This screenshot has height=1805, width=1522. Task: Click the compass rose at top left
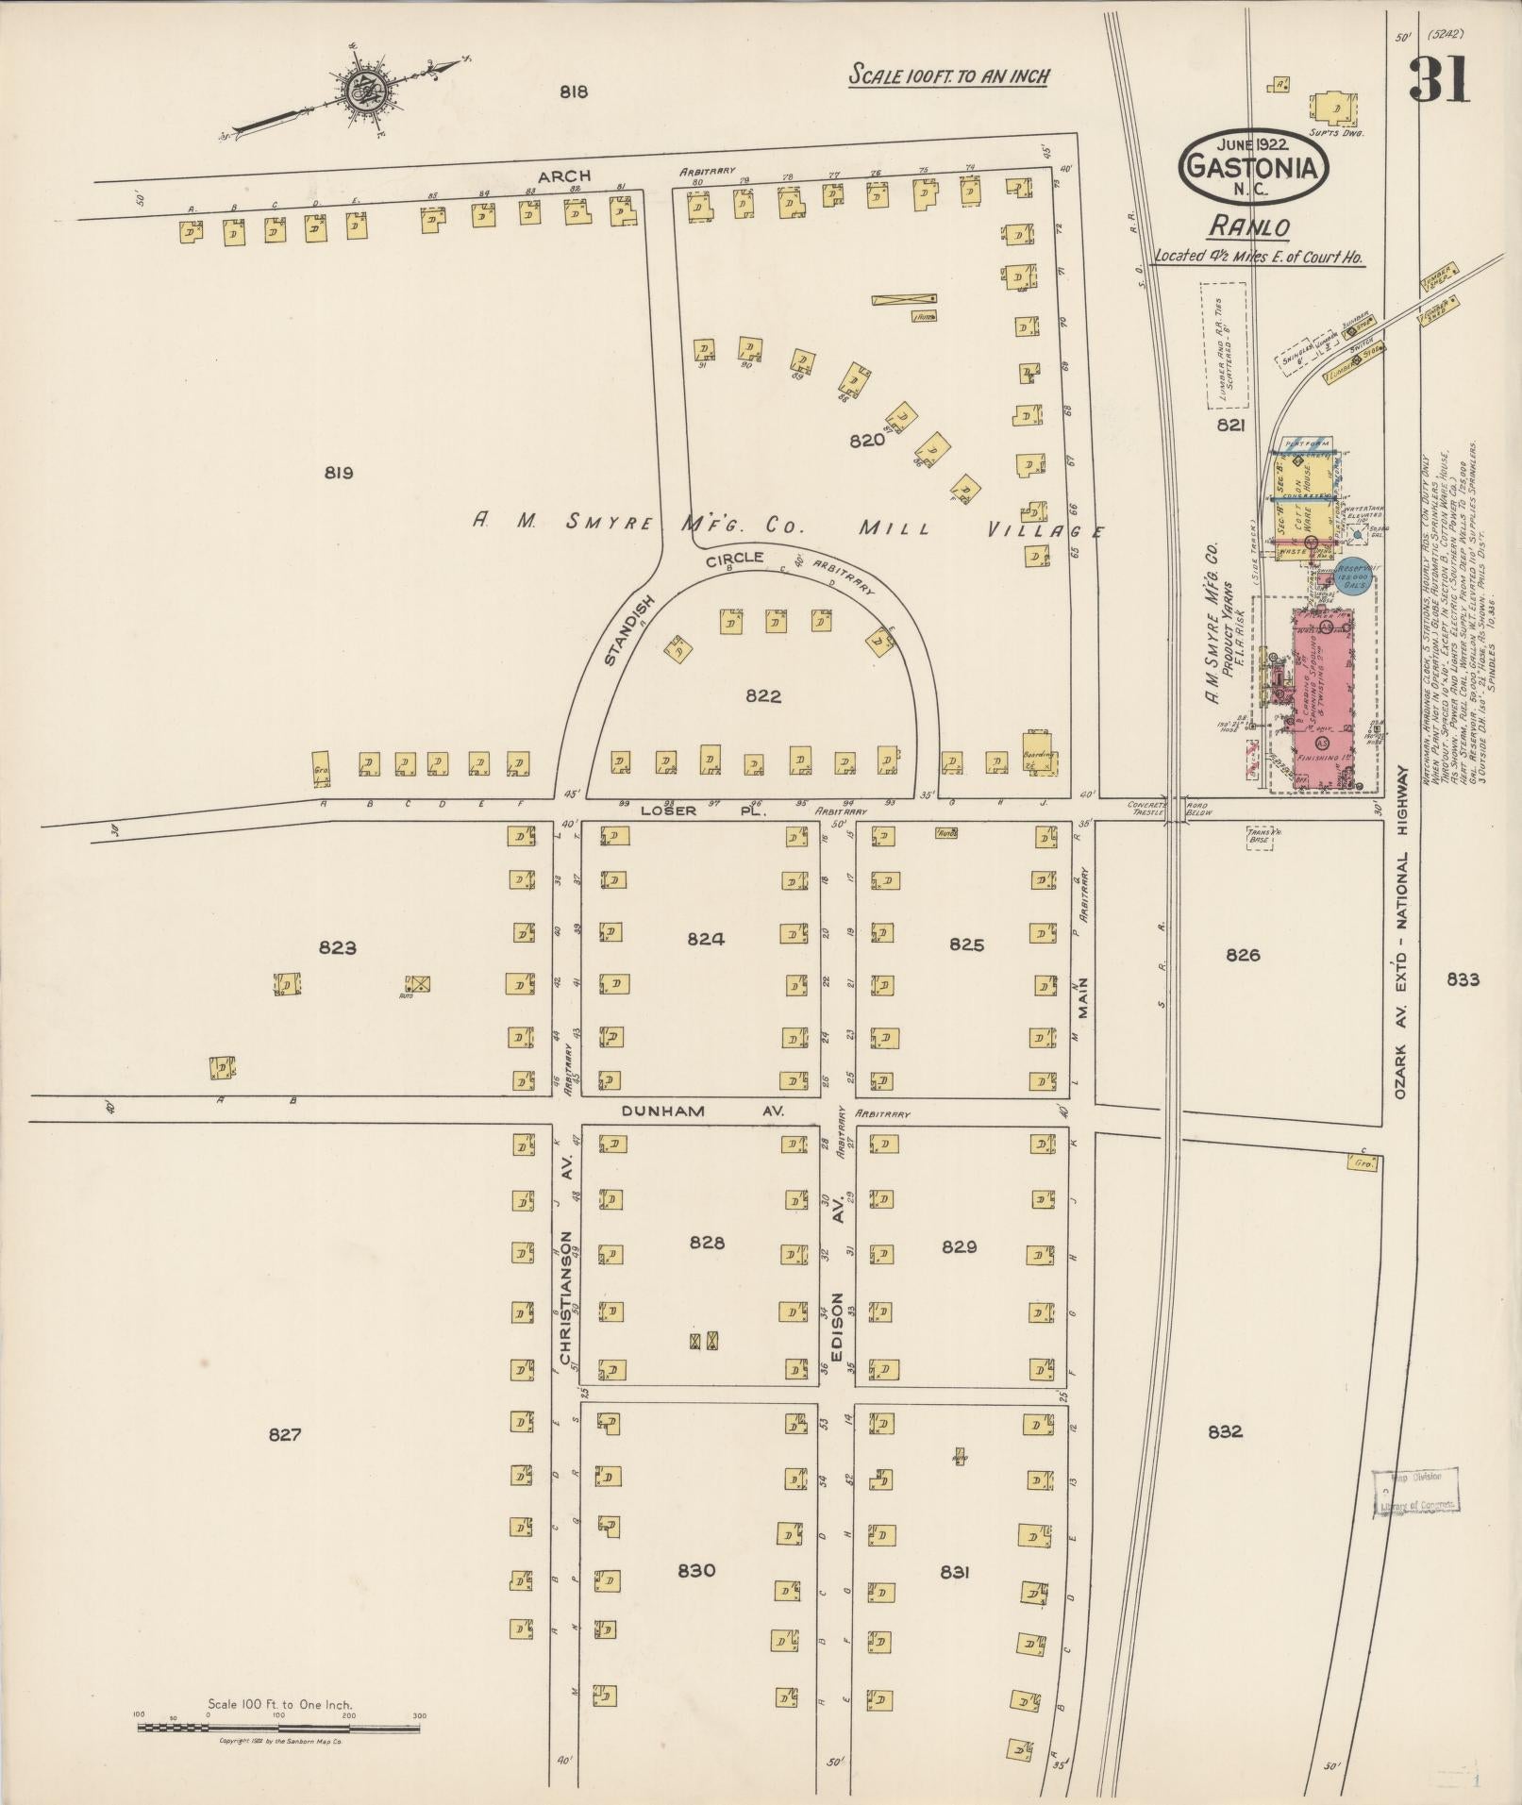pyautogui.click(x=361, y=92)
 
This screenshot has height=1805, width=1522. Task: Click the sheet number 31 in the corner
pyautogui.click(x=1438, y=79)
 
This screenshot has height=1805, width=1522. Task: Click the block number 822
pyautogui.click(x=762, y=696)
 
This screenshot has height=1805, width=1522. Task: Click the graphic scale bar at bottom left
pyautogui.click(x=280, y=1728)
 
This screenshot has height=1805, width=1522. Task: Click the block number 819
pyautogui.click(x=338, y=473)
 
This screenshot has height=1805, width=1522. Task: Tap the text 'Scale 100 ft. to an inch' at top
pyautogui.click(x=948, y=75)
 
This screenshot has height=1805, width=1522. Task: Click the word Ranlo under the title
pyautogui.click(x=1248, y=227)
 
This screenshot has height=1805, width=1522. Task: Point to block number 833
pyautogui.click(x=1463, y=979)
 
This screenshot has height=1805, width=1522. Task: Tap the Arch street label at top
pyautogui.click(x=564, y=175)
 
